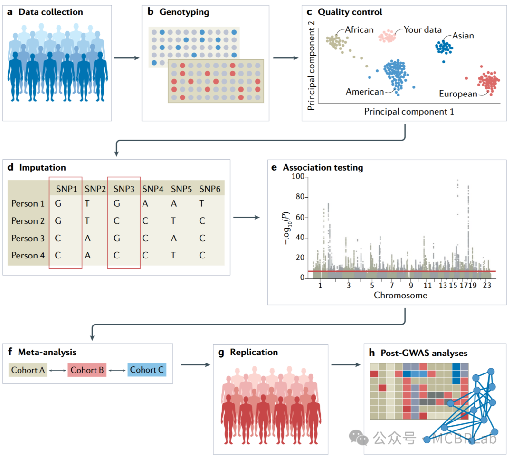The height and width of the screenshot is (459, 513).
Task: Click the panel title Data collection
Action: click(50, 12)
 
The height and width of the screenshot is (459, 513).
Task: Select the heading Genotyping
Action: click(183, 12)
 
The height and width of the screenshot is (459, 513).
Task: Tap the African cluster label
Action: click(359, 30)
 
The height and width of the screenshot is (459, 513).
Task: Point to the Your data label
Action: click(423, 30)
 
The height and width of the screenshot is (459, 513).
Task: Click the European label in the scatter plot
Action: click(458, 94)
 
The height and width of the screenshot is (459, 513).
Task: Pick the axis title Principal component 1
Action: click(409, 111)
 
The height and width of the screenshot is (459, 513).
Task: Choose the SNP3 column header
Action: click(123, 189)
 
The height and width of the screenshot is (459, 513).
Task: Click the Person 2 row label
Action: click(28, 221)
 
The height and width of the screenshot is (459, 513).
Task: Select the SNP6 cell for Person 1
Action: click(202, 203)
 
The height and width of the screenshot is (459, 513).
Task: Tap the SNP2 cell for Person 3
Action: click(88, 238)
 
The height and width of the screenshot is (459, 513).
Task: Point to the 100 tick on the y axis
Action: click(298, 177)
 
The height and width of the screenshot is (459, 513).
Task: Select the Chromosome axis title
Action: click(400, 295)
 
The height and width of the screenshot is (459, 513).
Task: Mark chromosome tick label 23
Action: click(486, 286)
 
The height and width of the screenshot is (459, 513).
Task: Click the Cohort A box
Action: click(28, 370)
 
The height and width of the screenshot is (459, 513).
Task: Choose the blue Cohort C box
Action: click(146, 370)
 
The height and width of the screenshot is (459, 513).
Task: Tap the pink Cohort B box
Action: click(87, 370)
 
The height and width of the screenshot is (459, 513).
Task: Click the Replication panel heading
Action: click(254, 352)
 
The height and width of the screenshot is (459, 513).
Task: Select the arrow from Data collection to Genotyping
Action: click(127, 58)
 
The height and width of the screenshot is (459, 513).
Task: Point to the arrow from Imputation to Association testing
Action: click(247, 218)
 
